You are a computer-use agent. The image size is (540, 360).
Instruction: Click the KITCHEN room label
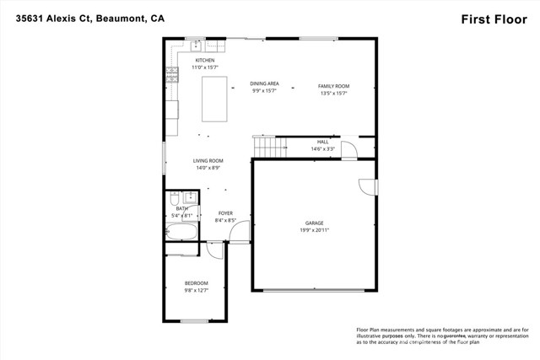coord(205,61)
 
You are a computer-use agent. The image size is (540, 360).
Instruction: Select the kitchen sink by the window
coord(197,43)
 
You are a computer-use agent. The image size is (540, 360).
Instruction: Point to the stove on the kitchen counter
coord(172,73)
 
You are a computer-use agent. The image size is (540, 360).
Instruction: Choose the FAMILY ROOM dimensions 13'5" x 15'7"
coord(333,93)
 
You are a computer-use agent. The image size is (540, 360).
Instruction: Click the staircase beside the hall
coord(268,148)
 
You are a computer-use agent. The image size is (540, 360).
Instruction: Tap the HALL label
coord(322,142)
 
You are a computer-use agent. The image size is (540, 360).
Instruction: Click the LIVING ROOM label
coord(208,160)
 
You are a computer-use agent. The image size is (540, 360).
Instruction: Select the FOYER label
coord(225,213)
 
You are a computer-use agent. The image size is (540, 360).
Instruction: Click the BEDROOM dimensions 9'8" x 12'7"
coord(196,290)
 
